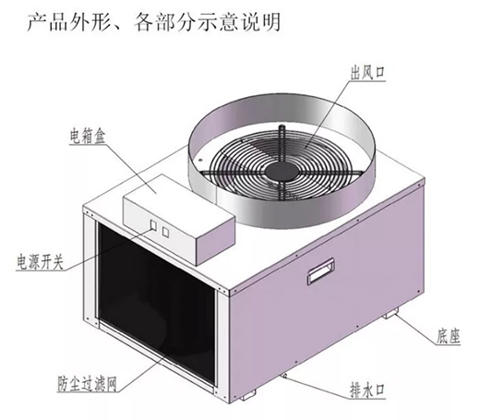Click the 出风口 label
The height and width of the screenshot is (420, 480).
[x=367, y=73]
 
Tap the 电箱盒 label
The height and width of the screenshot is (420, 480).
[x=88, y=137]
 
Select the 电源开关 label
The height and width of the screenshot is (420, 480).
[x=41, y=263]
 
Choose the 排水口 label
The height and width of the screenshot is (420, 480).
[x=367, y=390]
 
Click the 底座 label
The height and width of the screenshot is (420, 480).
[x=448, y=336]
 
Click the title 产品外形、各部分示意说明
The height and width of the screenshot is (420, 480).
[x=154, y=22]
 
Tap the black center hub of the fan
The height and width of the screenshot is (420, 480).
[x=281, y=171]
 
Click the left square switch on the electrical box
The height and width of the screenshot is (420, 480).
[x=153, y=225]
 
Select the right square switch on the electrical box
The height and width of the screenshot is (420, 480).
[x=165, y=233]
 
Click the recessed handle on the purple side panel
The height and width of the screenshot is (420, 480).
[x=320, y=270]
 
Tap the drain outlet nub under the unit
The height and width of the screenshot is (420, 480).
[x=284, y=376]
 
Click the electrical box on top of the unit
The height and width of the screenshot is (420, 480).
[x=179, y=219]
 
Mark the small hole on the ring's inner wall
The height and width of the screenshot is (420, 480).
[x=200, y=160]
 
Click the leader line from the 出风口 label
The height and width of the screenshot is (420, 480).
[x=328, y=114]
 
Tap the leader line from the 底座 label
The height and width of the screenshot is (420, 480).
[x=416, y=330]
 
